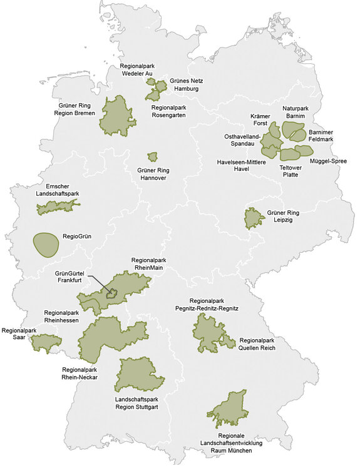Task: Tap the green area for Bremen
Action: [x=117, y=116]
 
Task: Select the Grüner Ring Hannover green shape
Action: [x=152, y=156]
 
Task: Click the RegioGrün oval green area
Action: [x=45, y=244]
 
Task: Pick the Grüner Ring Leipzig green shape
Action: [x=253, y=218]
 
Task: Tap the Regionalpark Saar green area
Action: [x=46, y=343]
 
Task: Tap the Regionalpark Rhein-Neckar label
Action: [x=80, y=374]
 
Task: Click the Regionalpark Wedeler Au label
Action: [x=138, y=69]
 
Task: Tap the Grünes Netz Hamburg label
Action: [x=185, y=85]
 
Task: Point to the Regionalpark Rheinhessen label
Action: [x=61, y=317]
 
